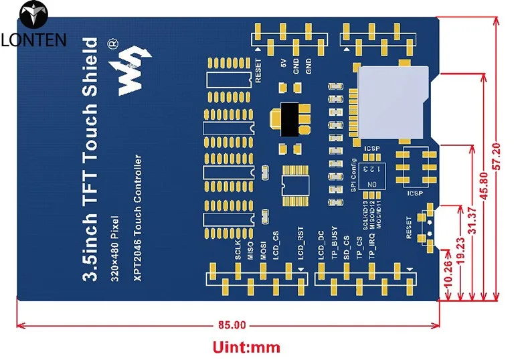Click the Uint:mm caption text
pos(246,347)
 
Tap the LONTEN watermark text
pos(33,40)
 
